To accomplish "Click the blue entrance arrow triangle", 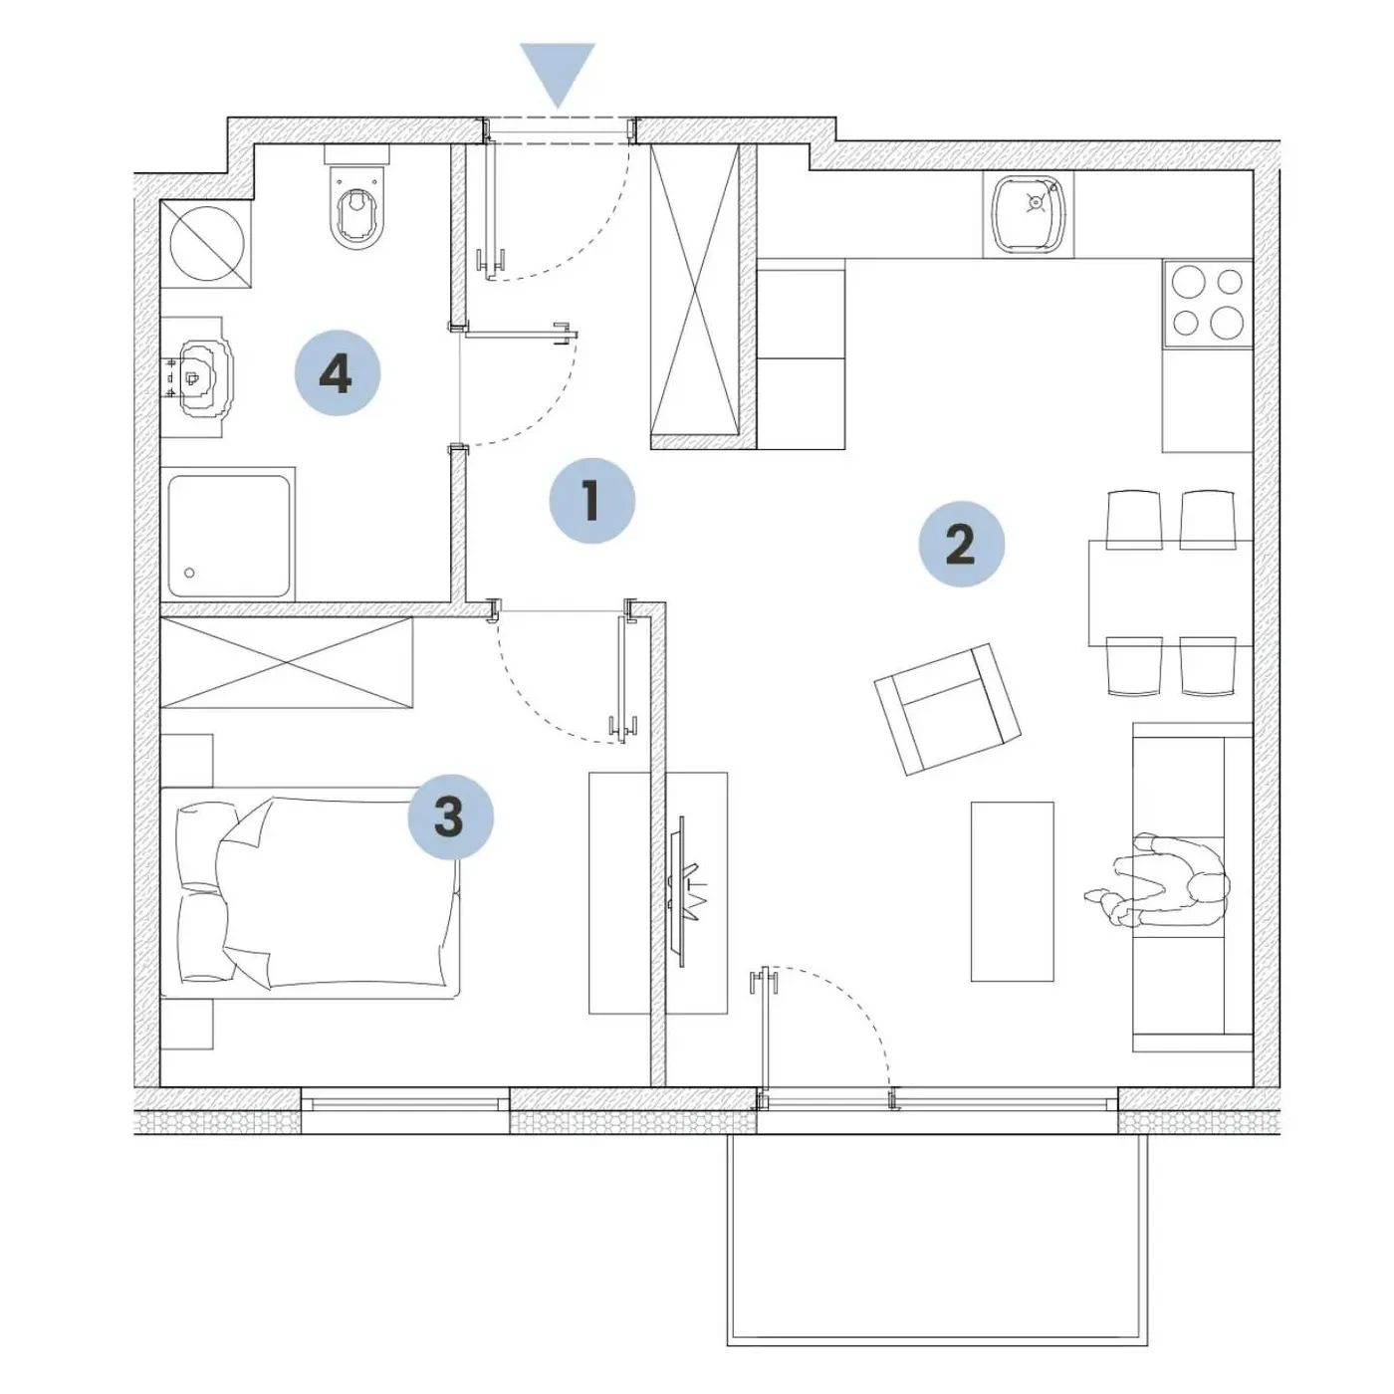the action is click(557, 69).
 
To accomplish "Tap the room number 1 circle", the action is click(592, 501).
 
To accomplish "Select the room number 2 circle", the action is click(962, 544).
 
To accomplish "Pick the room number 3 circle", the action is click(451, 817).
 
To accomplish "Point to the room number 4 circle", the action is click(338, 373).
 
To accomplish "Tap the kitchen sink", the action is click(1028, 214).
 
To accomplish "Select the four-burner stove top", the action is click(1208, 303).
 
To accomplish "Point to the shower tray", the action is click(229, 536).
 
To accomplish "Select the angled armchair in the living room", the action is click(947, 710).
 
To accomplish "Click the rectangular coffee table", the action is click(1012, 891).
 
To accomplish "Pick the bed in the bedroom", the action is click(311, 893).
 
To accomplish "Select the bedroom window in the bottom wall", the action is click(405, 1103).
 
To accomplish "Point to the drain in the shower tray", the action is click(189, 573).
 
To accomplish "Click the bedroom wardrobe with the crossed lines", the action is click(287, 662).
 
